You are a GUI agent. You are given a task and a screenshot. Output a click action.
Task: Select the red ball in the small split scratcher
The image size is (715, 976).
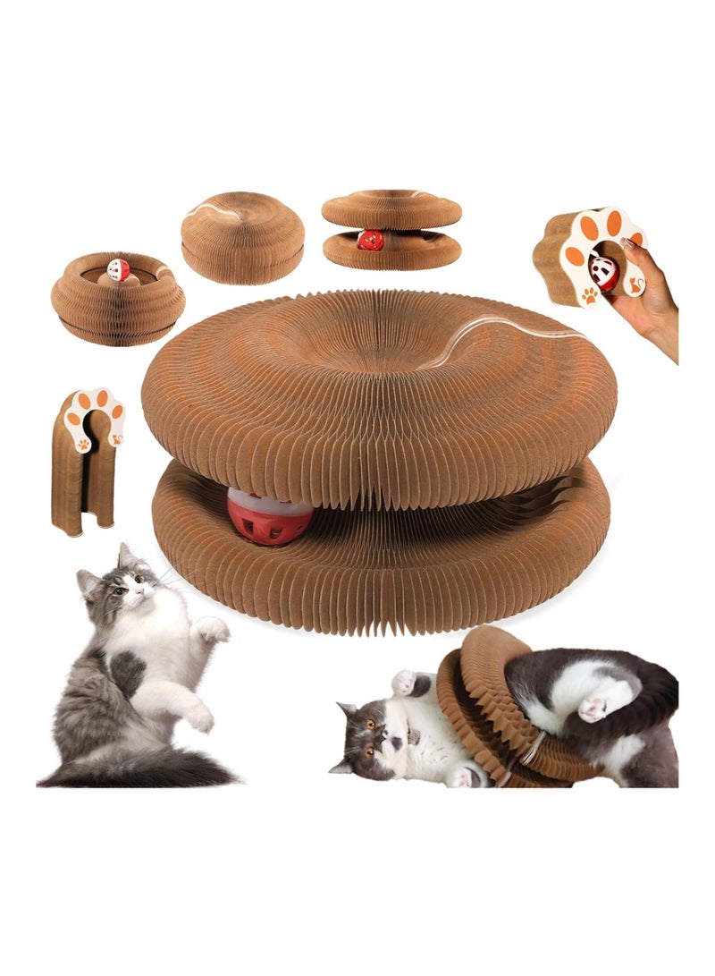(x=370, y=240)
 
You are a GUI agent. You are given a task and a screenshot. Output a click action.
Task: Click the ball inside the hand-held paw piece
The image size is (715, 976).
(x=604, y=271)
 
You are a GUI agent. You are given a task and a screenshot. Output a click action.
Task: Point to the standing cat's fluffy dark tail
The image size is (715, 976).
(x=152, y=767)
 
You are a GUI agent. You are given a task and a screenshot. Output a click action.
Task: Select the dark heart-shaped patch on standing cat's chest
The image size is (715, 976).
(x=129, y=669)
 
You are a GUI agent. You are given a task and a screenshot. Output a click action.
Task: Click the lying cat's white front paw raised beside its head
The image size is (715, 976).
(x=407, y=682)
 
